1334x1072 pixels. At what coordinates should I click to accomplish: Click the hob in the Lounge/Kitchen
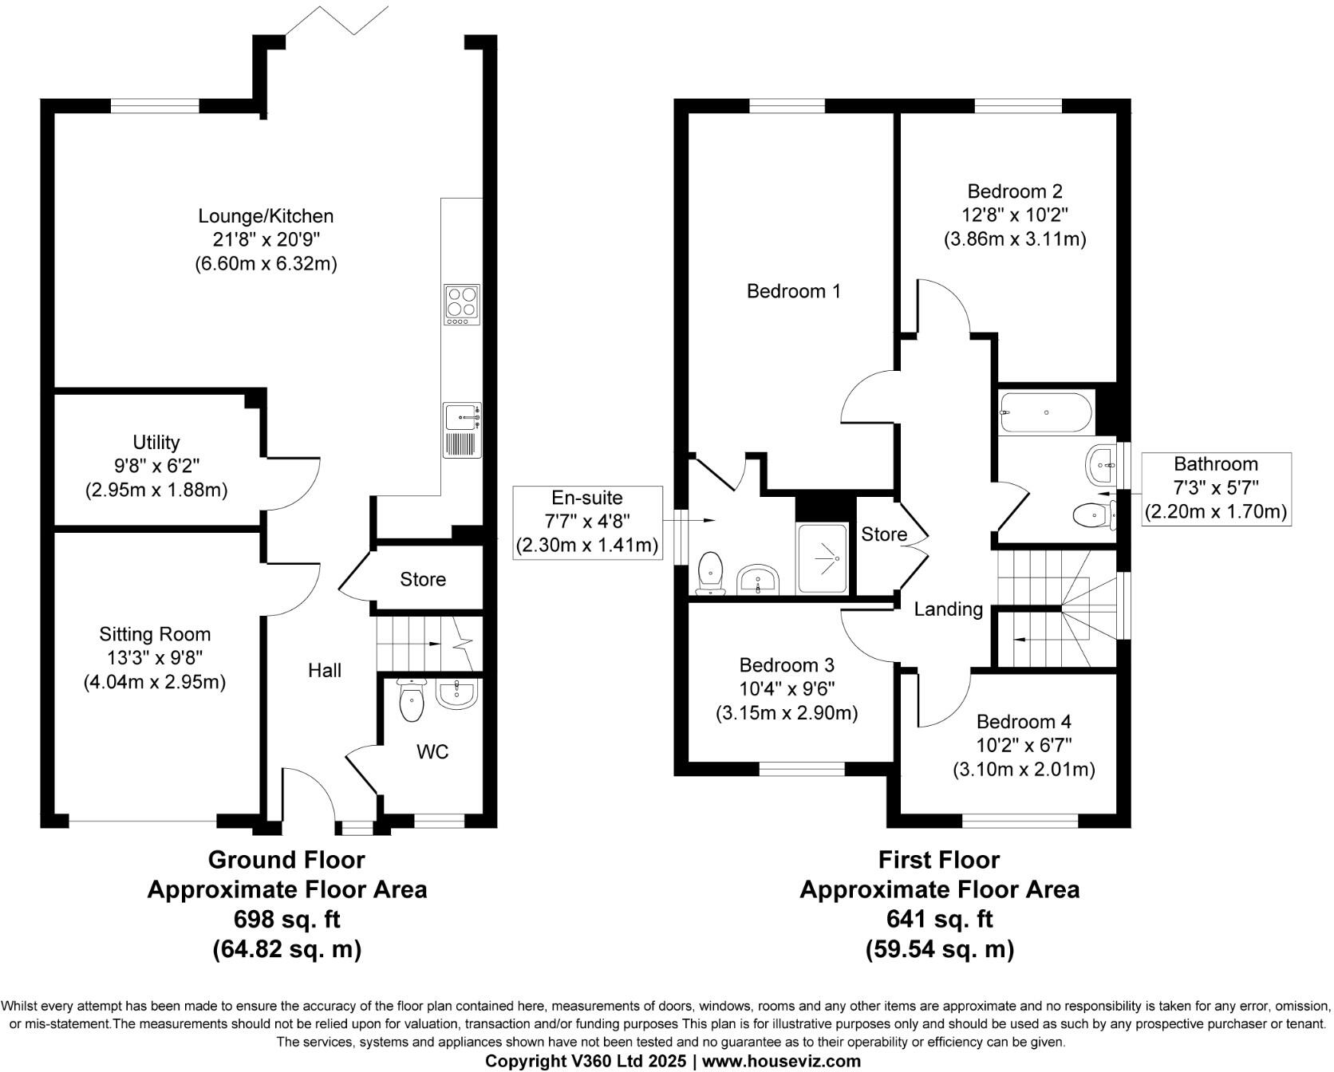click(462, 305)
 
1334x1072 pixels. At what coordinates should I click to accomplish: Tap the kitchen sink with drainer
click(462, 430)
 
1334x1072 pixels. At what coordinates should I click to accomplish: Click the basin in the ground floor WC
click(456, 693)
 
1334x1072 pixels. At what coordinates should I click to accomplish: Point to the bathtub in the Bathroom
click(1047, 412)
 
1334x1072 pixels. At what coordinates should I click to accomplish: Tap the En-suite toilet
click(709, 573)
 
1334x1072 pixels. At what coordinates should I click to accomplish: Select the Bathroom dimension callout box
click(1216, 488)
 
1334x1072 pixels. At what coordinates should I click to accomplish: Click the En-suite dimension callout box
click(587, 522)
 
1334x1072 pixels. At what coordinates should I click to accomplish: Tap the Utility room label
click(156, 442)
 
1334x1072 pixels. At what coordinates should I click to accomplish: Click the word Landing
click(948, 609)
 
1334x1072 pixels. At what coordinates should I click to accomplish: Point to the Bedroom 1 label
click(793, 291)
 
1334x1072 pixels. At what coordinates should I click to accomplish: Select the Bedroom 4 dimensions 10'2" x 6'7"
click(1024, 746)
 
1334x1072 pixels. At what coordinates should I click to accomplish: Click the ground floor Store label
click(423, 579)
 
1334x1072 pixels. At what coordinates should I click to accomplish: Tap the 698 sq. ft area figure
click(286, 919)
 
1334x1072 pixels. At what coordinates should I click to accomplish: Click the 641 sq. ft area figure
click(939, 919)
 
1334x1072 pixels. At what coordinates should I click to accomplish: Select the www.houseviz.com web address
click(781, 1061)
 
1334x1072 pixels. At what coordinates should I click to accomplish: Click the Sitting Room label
click(155, 634)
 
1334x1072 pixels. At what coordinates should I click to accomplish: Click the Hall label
click(325, 670)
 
